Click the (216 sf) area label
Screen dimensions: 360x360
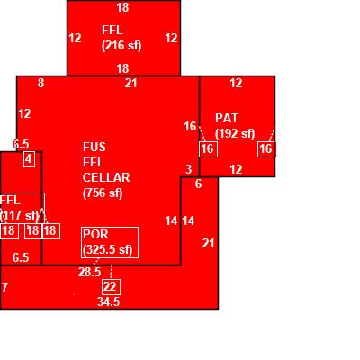121,46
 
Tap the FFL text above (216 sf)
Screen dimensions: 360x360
112,31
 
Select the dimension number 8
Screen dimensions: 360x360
41,83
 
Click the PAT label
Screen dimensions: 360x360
227,118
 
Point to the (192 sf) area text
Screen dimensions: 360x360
235,134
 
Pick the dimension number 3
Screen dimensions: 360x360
188,169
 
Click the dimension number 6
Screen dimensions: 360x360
198,184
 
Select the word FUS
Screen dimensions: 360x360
94,147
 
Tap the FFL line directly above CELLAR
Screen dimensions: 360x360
94,163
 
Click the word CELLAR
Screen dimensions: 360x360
106,177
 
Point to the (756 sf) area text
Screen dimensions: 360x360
103,193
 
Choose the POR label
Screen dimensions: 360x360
95,234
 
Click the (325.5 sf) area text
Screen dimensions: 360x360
108,250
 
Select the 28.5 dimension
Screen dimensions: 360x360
89,272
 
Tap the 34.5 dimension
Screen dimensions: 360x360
108,301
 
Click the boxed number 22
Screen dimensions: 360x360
111,287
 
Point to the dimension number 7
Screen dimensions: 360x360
4,287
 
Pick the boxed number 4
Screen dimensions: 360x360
29,159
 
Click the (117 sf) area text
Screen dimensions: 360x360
20,216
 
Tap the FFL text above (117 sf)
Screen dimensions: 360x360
10,201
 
